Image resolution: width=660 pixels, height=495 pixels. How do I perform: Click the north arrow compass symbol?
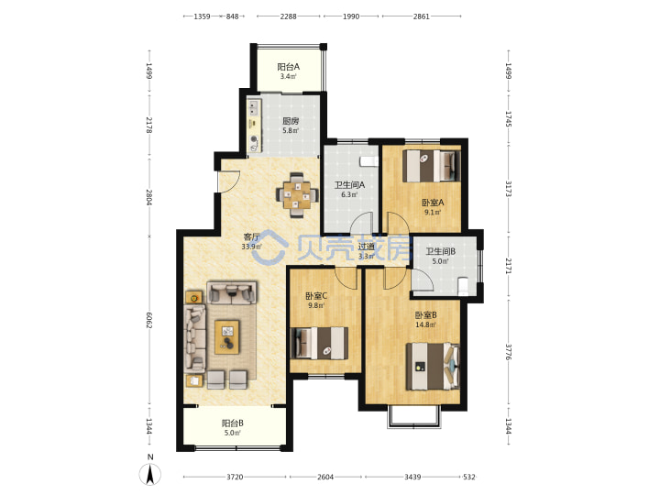[149, 474]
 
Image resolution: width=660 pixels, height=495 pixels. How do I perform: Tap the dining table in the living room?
[297, 195]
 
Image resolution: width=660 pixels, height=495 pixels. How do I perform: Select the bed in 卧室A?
[431, 166]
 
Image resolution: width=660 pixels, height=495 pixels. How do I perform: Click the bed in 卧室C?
[320, 343]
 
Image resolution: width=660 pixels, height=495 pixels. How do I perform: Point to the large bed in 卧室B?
[433, 366]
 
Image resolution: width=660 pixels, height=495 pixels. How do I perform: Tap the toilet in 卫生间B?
[462, 286]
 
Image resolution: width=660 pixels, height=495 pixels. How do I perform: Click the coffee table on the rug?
[227, 337]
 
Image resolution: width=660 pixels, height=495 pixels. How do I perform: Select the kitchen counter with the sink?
[254, 126]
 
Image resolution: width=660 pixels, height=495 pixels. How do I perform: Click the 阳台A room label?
[289, 67]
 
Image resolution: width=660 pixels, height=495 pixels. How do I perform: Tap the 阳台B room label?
[232, 423]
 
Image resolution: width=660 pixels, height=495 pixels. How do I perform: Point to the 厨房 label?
[291, 121]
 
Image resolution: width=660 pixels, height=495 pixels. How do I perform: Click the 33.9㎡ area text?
[251, 247]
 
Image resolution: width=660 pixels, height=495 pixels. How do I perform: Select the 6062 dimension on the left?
[149, 320]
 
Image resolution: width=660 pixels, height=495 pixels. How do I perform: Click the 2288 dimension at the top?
[289, 16]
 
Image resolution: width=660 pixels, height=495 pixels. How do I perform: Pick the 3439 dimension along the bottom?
[412, 477]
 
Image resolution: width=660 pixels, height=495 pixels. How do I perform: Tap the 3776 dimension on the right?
[508, 352]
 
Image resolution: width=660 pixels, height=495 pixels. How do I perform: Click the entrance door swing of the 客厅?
[229, 181]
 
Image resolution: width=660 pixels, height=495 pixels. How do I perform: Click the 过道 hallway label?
[366, 247]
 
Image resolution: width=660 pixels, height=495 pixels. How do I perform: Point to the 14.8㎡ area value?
[425, 324]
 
